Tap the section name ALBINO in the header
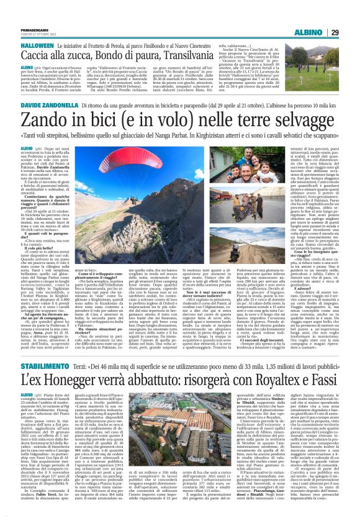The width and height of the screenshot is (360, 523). click(320, 14)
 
